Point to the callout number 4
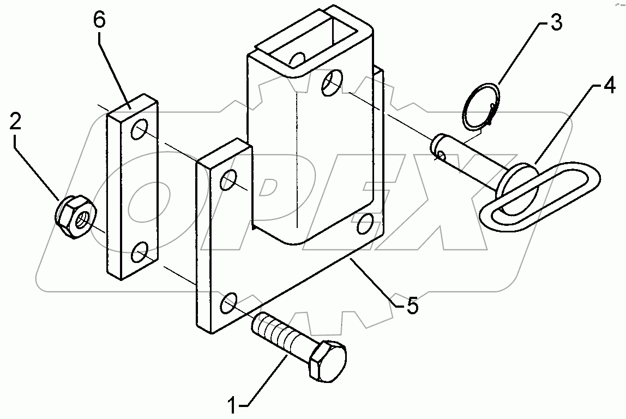pyautogui.click(x=610, y=86)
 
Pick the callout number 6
pyautogui.click(x=100, y=21)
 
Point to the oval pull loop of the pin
pyautogui.click(x=540, y=194)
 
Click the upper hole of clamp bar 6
pyautogui.click(x=139, y=129)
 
